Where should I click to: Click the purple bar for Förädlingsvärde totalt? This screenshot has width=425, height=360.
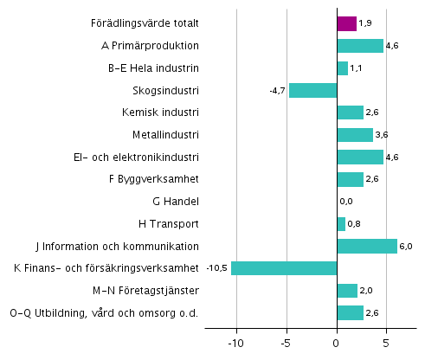point(346,23)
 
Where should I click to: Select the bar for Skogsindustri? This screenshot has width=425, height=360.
point(312,90)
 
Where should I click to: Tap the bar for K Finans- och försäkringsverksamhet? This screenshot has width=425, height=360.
point(284,268)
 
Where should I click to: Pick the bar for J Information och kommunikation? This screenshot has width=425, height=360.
point(367,246)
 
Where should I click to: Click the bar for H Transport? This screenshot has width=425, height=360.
point(341,224)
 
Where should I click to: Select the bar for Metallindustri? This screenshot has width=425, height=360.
point(355,135)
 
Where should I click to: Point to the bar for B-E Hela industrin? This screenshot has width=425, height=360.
point(342,68)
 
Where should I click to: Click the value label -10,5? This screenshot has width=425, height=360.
point(216,268)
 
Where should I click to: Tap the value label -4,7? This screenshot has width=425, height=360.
point(276,90)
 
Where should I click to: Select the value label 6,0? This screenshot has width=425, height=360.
point(406,246)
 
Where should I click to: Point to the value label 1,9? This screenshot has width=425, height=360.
point(364,23)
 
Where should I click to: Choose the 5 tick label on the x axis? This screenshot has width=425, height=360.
point(386,342)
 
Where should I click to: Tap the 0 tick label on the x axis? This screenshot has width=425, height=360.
point(337,342)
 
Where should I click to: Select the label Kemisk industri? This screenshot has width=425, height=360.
point(162,112)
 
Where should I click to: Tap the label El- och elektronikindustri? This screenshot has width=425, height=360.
point(137,157)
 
